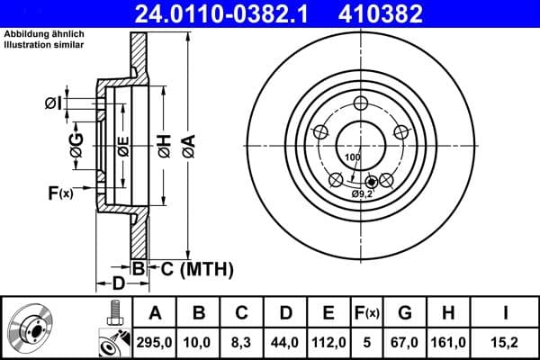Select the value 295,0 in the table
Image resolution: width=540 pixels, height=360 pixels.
(155, 341)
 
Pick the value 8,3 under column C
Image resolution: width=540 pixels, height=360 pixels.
(241, 341)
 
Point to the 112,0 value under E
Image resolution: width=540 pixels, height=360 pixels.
(328, 341)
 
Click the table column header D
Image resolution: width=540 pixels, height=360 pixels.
(284, 312)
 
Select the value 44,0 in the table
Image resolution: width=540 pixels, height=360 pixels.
(284, 341)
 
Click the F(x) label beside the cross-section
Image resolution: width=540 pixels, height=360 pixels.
(59, 192)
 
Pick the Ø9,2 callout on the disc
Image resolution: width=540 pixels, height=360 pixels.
(362, 193)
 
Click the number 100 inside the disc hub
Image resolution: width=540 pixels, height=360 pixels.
(352, 157)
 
